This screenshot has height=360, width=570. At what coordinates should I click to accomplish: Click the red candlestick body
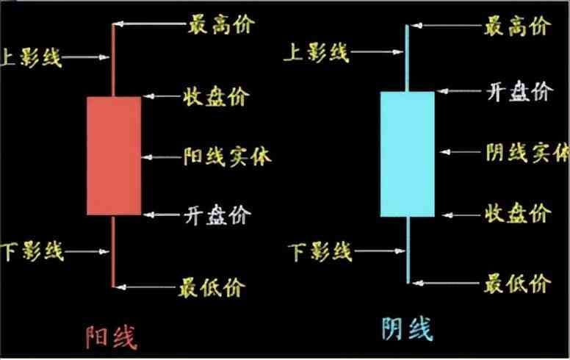pyautogui.click(x=114, y=155)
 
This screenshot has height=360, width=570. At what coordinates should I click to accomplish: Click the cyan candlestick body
pyautogui.click(x=407, y=154)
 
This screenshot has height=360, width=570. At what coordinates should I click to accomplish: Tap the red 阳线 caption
pyautogui.click(x=110, y=336)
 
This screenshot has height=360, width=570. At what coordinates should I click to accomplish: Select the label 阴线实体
pyautogui.click(x=527, y=152)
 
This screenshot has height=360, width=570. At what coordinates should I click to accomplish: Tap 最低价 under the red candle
pyautogui.click(x=212, y=285)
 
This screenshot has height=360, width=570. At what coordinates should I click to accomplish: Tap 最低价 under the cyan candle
pyautogui.click(x=518, y=281)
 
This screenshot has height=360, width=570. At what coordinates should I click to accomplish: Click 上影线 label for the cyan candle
pyautogui.click(x=318, y=53)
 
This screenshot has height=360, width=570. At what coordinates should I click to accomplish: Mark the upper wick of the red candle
pyautogui.click(x=113, y=59)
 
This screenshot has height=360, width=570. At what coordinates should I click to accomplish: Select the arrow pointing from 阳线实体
pyautogui.click(x=161, y=156)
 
